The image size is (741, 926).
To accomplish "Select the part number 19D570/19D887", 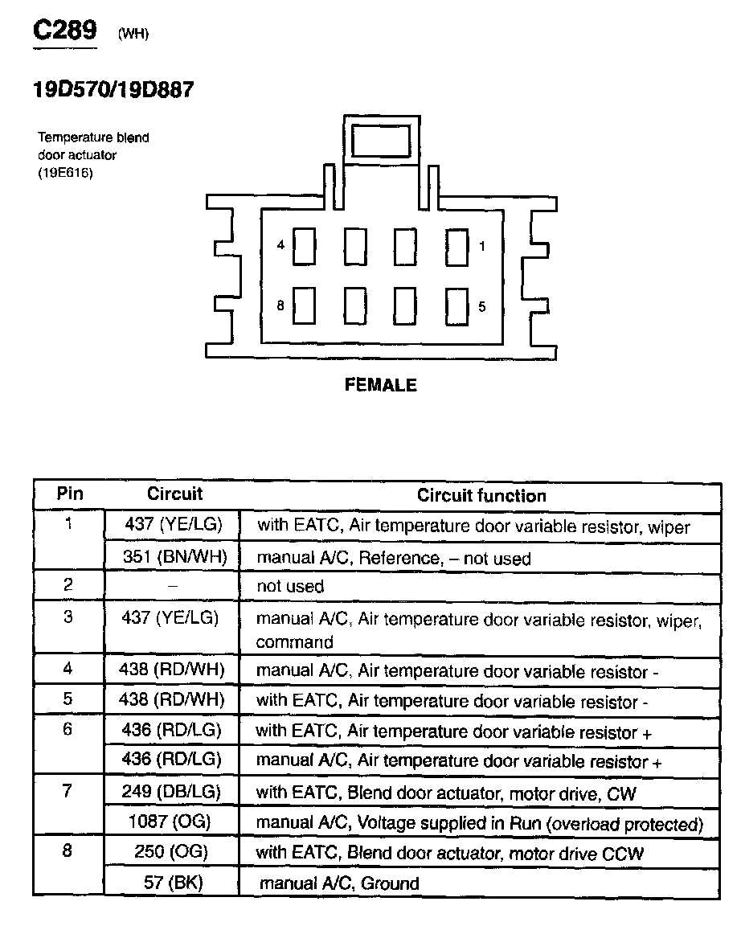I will (x=113, y=90).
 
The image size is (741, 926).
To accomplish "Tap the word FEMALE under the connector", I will (x=380, y=386).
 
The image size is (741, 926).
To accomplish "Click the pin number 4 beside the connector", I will (x=280, y=245).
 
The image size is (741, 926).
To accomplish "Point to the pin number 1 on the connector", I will (x=481, y=246).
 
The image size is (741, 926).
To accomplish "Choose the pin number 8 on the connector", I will (x=280, y=305).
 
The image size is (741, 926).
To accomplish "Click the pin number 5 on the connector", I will (x=481, y=306).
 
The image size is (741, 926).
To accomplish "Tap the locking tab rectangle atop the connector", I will (x=381, y=140).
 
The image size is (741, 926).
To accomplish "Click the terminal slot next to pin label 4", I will (x=304, y=246).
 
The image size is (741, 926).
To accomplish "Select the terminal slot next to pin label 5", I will (x=456, y=306).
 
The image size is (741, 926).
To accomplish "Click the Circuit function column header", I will (x=481, y=496).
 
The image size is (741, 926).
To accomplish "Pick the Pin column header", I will (x=70, y=494).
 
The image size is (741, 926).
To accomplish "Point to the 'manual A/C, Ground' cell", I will (x=338, y=883).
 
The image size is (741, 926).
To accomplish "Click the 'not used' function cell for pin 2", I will (x=290, y=587).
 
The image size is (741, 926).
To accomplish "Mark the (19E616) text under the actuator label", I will (x=65, y=173).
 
